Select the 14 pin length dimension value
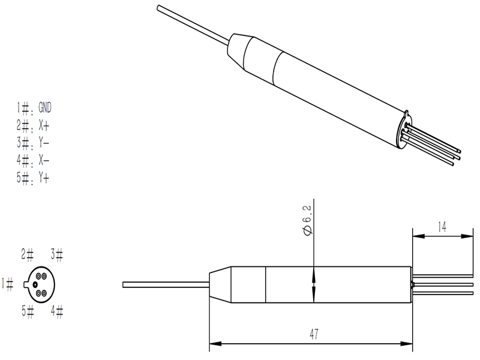pos(441,227)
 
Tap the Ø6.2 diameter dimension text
pos(307,223)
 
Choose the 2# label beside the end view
pos(28,254)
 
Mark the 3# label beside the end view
pos(57,254)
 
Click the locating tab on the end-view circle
pos(26,284)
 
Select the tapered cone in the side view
pos(220,284)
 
